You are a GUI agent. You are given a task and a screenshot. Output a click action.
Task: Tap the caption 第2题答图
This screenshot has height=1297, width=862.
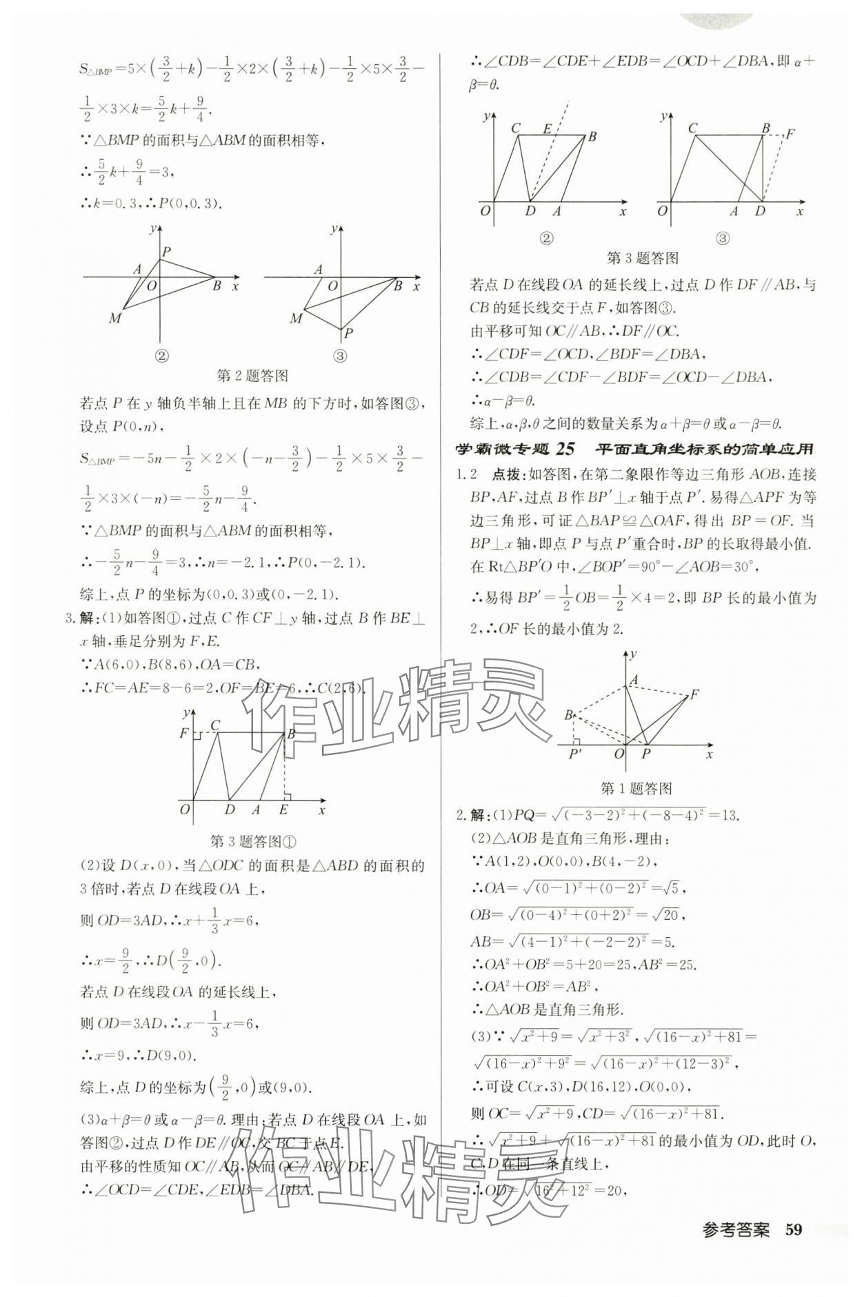tap(252, 376)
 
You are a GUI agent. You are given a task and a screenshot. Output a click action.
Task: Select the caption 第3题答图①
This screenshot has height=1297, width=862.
tap(252, 841)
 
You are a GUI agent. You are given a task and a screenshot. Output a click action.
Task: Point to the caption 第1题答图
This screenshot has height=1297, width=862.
tap(636, 788)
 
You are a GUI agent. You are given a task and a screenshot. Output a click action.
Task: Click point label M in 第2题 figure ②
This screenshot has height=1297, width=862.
tap(115, 318)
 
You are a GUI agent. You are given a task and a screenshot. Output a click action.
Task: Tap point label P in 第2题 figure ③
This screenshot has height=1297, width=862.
tap(349, 333)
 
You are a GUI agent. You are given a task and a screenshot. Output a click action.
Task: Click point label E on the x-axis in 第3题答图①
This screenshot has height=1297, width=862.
tap(283, 810)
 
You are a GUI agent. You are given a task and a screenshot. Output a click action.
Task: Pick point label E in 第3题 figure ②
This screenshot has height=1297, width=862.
tap(548, 128)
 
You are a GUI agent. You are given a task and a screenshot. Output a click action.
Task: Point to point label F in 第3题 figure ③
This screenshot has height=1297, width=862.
tap(790, 133)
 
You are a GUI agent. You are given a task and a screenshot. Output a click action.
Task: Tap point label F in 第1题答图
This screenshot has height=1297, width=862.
tap(694, 694)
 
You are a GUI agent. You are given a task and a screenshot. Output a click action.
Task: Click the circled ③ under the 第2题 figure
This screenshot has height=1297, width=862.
tap(340, 356)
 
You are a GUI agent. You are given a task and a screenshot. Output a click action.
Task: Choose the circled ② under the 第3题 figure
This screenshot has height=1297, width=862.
tap(546, 239)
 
